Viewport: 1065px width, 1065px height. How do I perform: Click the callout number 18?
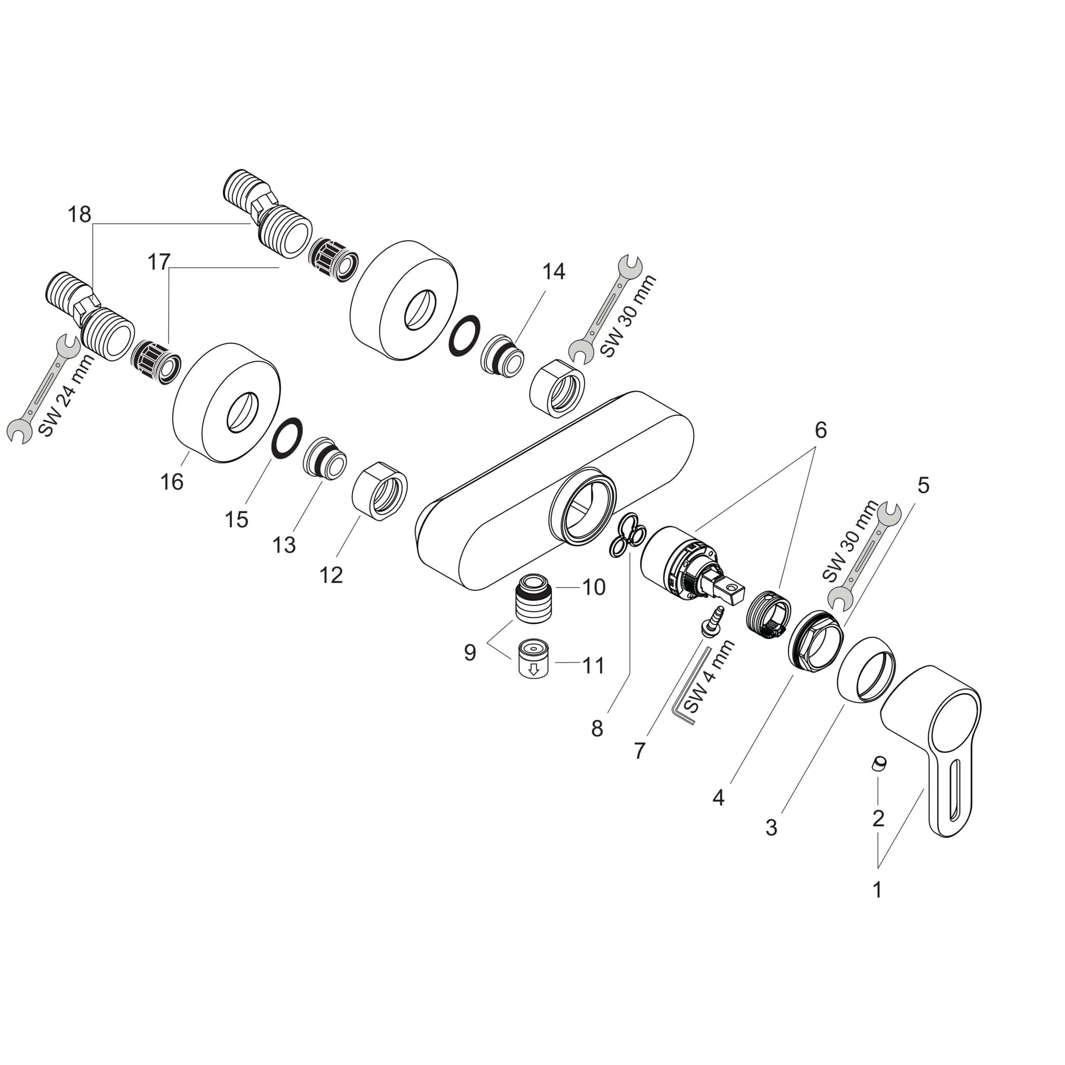[80, 214]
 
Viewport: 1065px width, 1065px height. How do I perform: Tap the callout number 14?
[553, 271]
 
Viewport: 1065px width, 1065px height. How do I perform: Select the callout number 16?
[172, 482]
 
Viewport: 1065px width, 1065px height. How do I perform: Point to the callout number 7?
[639, 750]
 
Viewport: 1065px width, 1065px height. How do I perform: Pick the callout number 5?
[923, 485]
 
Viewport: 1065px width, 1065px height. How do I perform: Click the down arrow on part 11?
[533, 670]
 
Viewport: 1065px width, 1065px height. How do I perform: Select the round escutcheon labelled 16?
[226, 404]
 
